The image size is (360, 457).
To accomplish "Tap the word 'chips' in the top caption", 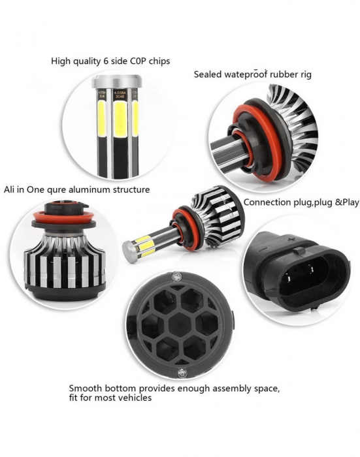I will click(x=157, y=61).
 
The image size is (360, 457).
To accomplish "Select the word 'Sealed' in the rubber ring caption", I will click(x=207, y=74).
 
